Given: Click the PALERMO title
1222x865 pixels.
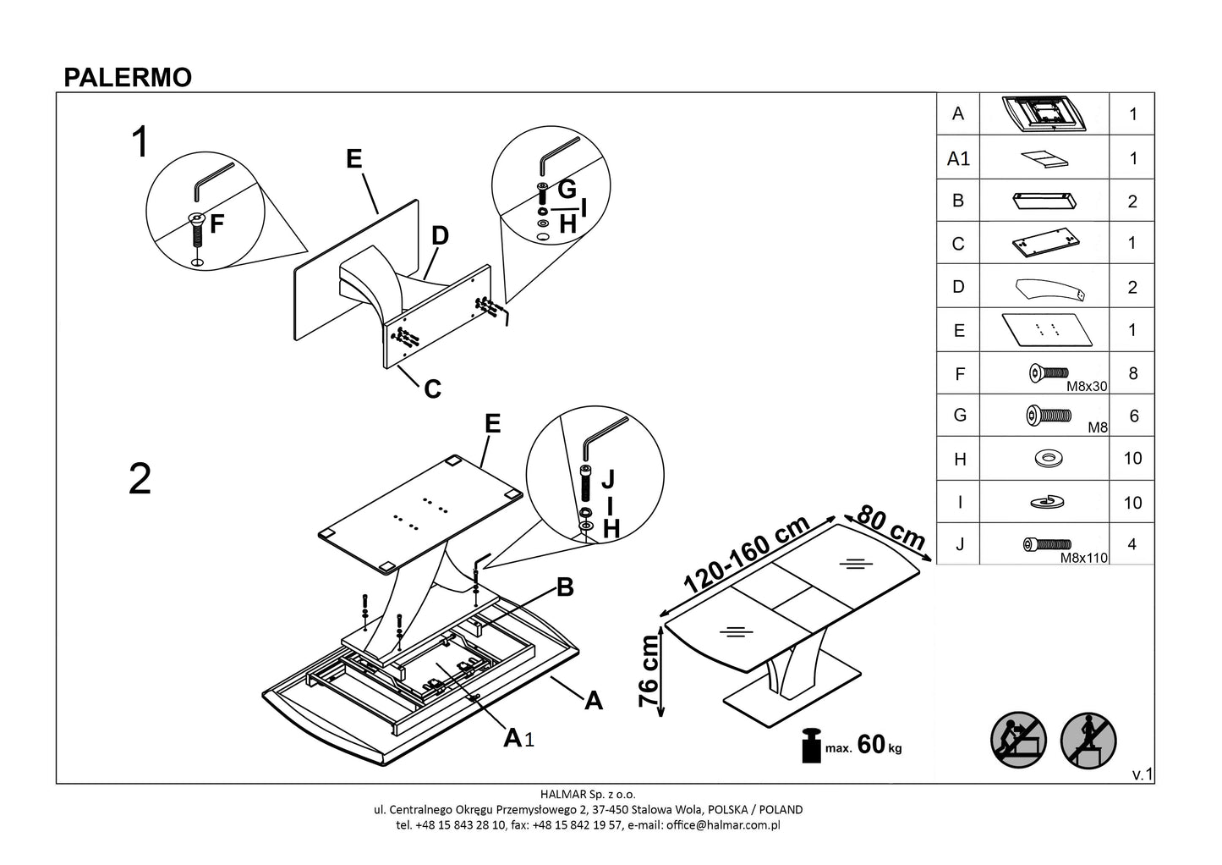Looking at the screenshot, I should pyautogui.click(x=128, y=77).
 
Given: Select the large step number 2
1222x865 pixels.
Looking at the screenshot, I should pyautogui.click(x=140, y=479).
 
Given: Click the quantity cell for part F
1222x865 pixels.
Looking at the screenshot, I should pyautogui.click(x=1132, y=373).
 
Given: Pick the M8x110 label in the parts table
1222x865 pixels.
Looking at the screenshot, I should pyautogui.click(x=1083, y=558).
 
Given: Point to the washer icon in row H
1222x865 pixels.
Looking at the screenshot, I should pyautogui.click(x=1049, y=459).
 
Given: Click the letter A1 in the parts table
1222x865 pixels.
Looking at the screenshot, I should pyautogui.click(x=958, y=158).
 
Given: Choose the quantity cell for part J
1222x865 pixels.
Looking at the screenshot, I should pyautogui.click(x=1132, y=545).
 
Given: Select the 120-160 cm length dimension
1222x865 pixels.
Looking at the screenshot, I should pyautogui.click(x=747, y=555).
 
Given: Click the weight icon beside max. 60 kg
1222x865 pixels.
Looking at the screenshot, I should pyautogui.click(x=813, y=745).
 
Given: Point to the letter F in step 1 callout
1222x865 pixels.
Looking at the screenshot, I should pyautogui.click(x=217, y=224).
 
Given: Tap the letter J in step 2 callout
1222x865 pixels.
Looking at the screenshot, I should pyautogui.click(x=607, y=480).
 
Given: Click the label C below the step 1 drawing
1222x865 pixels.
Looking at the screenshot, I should pyautogui.click(x=432, y=388).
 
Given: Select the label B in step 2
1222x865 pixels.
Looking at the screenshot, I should pyautogui.click(x=565, y=587).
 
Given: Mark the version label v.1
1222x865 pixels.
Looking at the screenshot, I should pyautogui.click(x=1143, y=774).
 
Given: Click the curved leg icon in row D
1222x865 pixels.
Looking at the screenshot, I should pyautogui.click(x=1049, y=288).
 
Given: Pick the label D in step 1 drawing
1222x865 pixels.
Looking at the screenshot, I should pyautogui.click(x=440, y=236).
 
